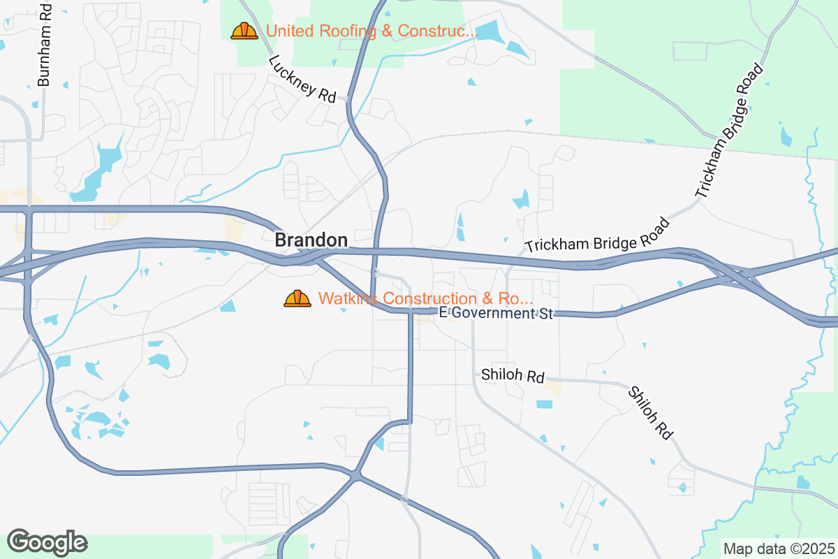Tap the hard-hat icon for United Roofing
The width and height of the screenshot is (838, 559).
(x=244, y=31)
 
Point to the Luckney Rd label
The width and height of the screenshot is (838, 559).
(x=302, y=79)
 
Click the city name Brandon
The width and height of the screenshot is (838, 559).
(x=311, y=240)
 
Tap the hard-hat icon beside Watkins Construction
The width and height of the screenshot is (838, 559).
(x=297, y=298)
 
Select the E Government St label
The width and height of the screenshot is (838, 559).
(x=496, y=313)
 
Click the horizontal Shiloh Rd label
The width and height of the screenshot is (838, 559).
(x=513, y=376)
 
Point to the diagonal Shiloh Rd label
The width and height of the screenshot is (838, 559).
(x=650, y=413)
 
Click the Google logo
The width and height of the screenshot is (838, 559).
(x=47, y=542)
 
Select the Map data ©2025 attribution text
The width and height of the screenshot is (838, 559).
(x=779, y=549)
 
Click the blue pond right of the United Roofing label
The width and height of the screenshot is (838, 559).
(x=491, y=31)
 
